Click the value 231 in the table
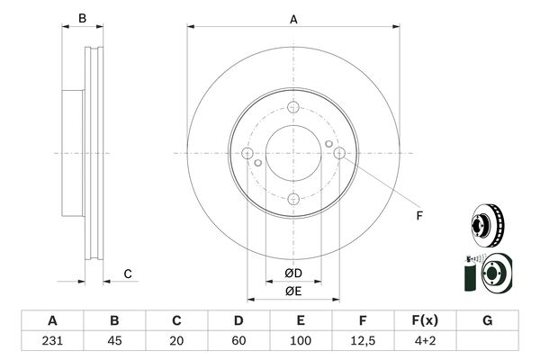point(52,341)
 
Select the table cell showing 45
point(114,341)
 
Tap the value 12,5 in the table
point(363,341)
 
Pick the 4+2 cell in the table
point(426,341)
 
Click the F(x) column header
point(426,320)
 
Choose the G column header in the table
point(487,320)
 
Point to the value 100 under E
point(301,341)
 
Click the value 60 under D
point(238,341)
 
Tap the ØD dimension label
point(293,274)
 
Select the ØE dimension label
point(293,292)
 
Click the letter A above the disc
point(293,19)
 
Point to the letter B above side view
point(82,18)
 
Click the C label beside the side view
point(128,274)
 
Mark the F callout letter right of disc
point(419,216)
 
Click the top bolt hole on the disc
point(293,107)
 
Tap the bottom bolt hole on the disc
point(293,199)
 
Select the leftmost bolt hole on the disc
point(247,153)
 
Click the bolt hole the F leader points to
point(339,153)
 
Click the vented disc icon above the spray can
point(488,226)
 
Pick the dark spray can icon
point(470,274)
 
